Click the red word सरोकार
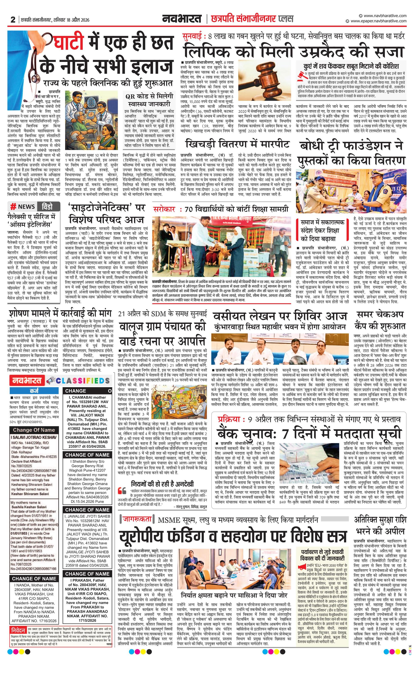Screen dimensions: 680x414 [x=164, y=209]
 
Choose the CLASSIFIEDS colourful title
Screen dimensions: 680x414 [x=83, y=381]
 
